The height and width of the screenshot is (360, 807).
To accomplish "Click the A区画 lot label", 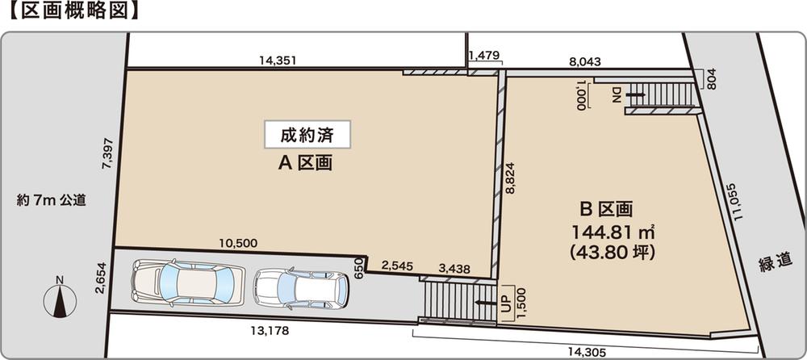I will click(307, 164).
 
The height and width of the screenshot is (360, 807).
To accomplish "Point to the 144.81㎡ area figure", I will click(612, 233).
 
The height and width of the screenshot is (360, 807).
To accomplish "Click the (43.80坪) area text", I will click(612, 252).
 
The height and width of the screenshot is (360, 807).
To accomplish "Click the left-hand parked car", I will click(187, 283).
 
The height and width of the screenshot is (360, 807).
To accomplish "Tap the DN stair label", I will click(617, 96).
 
